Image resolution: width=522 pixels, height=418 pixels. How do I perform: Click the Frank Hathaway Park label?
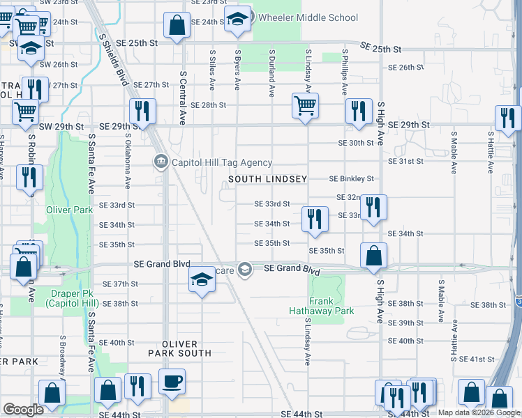pyautogui.click(x=322, y=307)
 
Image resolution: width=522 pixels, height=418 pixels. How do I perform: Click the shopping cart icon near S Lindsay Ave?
pyautogui.click(x=305, y=106)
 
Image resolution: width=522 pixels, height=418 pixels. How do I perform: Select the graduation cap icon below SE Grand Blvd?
pyautogui.click(x=201, y=279)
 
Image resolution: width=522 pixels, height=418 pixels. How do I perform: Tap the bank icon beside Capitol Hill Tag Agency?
pyautogui.click(x=160, y=163)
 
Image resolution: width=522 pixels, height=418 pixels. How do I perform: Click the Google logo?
pyautogui.click(x=23, y=410)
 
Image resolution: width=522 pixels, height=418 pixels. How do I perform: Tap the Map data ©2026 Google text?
pyautogui.click(x=479, y=413)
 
